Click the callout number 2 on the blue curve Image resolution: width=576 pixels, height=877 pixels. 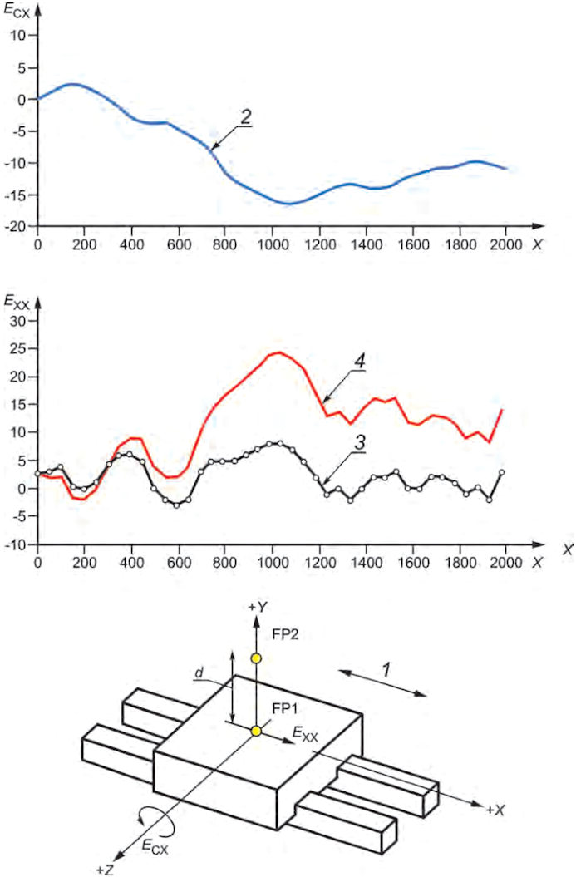244,118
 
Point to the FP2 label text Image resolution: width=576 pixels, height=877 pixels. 286,633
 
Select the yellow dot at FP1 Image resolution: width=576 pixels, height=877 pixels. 256,731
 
